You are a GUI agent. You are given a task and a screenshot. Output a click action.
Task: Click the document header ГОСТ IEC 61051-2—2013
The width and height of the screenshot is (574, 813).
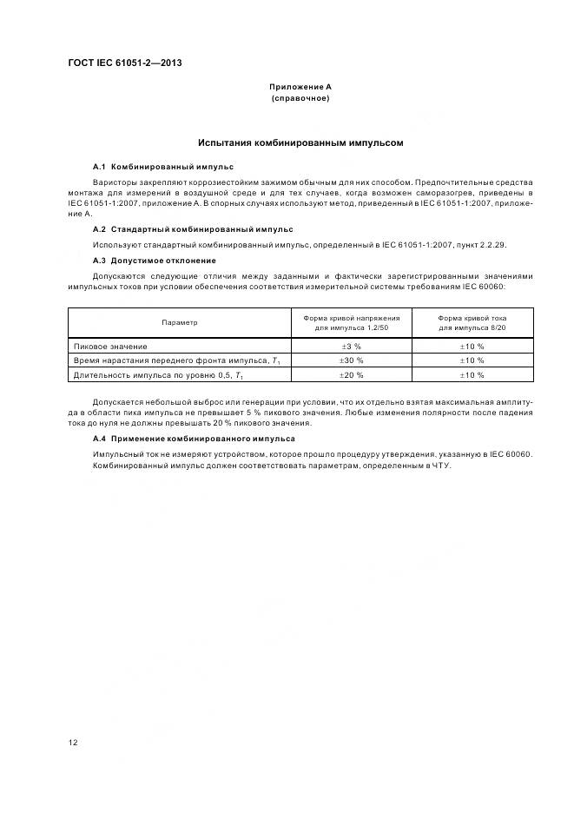click(124, 63)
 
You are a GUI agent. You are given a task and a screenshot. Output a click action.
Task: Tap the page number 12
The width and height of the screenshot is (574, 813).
click(73, 743)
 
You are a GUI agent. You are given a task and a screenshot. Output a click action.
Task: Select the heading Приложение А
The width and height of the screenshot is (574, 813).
click(300, 87)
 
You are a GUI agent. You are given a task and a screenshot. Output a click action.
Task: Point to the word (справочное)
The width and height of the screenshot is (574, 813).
click(300, 98)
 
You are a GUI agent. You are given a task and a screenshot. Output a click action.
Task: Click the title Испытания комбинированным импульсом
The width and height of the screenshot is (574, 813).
click(300, 142)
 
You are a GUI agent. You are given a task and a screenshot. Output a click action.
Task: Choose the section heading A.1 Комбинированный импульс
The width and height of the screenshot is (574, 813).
click(162, 166)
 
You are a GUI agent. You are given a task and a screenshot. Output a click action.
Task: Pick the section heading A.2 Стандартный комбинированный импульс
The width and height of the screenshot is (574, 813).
click(192, 229)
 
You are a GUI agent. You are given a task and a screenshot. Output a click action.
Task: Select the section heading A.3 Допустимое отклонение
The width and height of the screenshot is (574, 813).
click(154, 261)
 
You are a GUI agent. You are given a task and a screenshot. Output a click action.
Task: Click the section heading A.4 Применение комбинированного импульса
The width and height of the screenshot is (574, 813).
click(193, 439)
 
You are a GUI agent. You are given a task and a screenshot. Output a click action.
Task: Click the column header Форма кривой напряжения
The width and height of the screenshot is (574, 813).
click(351, 318)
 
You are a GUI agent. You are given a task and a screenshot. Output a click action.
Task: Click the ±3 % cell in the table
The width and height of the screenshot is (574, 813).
click(351, 347)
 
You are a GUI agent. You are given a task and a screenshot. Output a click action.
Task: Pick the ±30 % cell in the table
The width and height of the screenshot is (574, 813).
click(351, 360)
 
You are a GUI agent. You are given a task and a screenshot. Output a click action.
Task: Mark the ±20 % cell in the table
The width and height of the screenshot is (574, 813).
click(351, 374)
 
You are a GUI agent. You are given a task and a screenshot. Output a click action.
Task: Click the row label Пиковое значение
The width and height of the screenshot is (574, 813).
click(110, 347)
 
